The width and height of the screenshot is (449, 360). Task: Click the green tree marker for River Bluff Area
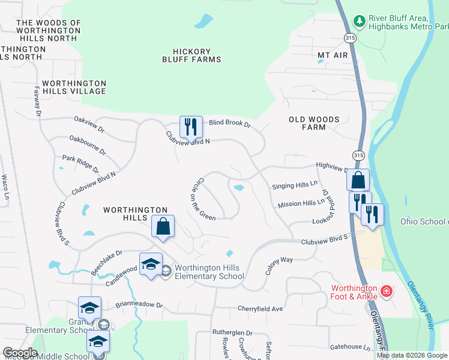(360, 22)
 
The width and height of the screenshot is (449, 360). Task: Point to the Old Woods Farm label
(314, 123)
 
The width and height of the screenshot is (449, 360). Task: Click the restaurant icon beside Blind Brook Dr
(191, 127)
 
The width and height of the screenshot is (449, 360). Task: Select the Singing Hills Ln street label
(294, 186)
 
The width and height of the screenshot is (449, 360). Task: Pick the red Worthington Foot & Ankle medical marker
(387, 292)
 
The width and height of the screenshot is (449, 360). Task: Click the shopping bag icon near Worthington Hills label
(163, 227)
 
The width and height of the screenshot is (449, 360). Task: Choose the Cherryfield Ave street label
(259, 308)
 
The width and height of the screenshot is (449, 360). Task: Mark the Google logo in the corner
(20, 353)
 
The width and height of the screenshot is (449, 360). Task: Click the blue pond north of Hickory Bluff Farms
(203, 22)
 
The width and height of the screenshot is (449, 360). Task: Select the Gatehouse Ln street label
(349, 347)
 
